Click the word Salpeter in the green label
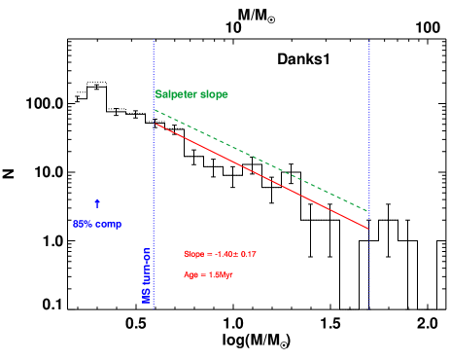tap(176, 94)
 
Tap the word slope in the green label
tap(214, 94)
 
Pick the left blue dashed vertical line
tap(154, 195)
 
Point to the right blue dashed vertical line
tap(370, 146)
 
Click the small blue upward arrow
tap(97, 202)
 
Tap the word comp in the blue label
tap(108, 224)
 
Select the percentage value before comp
tap(83, 224)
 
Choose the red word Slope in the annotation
tap(193, 254)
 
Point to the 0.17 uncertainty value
tap(247, 254)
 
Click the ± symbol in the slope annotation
tap(234, 254)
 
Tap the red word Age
tap(190, 274)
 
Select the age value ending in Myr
tap(221, 274)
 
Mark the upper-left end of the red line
tap(155, 124)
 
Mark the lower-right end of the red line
tap(369, 229)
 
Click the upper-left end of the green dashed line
tap(155, 109)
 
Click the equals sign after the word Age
tap(202, 274)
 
